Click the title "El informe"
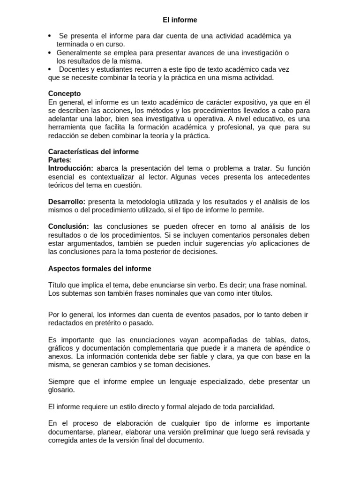tap(180, 20)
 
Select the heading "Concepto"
tap(65, 93)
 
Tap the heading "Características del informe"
tap(94, 152)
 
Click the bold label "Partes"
tap(59, 160)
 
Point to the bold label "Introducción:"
tap(71, 168)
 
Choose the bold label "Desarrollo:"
tap(67, 202)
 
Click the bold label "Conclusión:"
tap(68, 226)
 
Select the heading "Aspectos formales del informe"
tap(100, 269)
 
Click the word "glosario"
tap(61, 390)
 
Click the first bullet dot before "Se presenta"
tap(50, 36)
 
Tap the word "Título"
tap(58, 285)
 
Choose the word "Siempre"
tap(61, 381)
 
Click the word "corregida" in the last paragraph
tap(64, 441)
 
